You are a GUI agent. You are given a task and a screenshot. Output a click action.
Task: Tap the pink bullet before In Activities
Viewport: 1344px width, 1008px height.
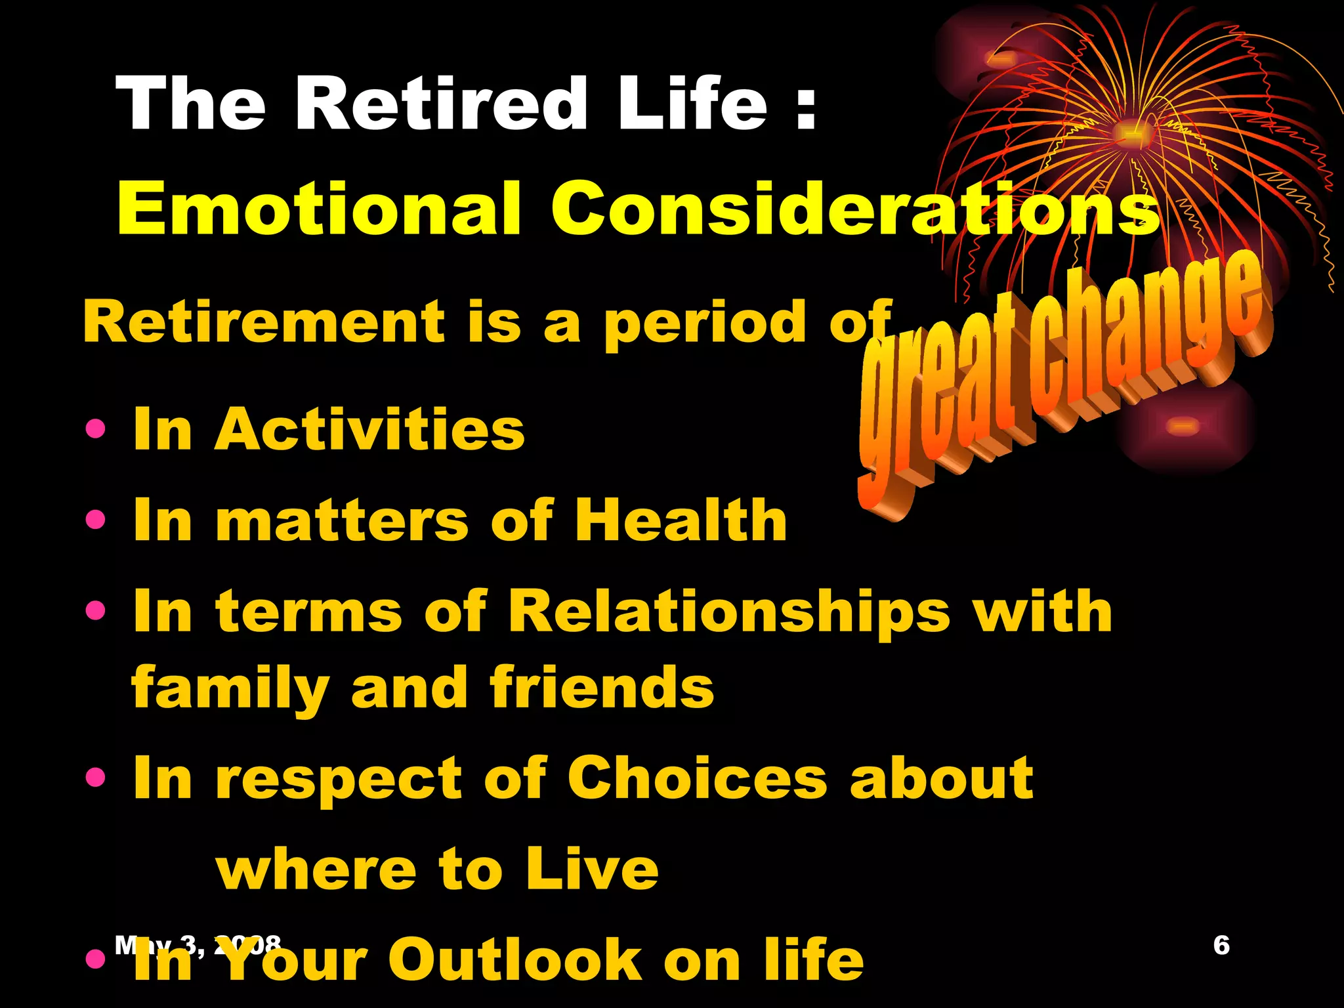click(96, 430)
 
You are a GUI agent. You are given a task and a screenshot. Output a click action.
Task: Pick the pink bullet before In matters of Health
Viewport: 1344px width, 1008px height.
click(96, 520)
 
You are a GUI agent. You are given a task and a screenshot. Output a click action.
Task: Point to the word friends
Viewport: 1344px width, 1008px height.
click(601, 687)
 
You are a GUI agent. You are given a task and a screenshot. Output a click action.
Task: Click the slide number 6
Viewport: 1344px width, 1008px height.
click(1221, 945)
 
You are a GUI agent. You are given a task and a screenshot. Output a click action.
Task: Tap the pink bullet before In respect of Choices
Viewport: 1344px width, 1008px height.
click(96, 778)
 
